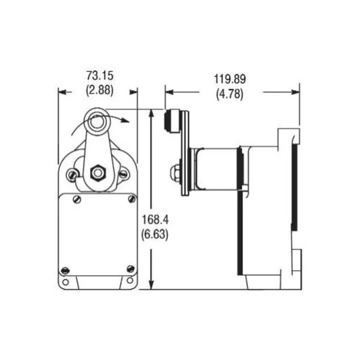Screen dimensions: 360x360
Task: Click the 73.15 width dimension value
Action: (x=100, y=76)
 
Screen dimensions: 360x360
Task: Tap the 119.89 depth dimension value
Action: (x=231, y=79)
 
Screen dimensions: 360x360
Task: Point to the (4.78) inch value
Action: (x=231, y=93)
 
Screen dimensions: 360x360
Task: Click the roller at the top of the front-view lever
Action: (x=95, y=122)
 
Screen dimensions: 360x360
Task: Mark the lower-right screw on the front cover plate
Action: (x=131, y=268)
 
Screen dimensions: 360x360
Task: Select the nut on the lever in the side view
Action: (x=174, y=172)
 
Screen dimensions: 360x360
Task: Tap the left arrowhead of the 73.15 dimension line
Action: (x=61, y=92)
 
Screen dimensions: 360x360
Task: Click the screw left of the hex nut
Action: (x=73, y=175)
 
